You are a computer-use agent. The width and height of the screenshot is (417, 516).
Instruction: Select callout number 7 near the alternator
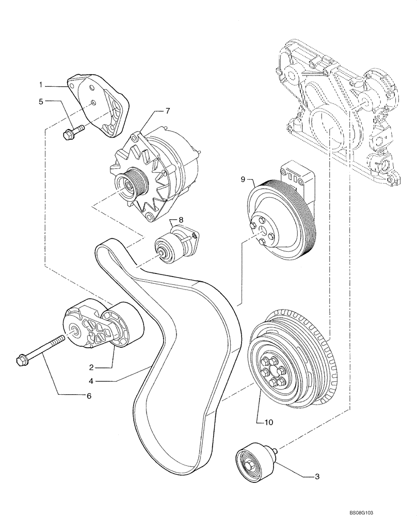click(x=167, y=111)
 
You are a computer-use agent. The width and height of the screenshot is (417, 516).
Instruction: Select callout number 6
click(x=88, y=396)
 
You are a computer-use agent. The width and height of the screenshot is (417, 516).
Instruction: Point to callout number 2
click(x=91, y=367)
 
